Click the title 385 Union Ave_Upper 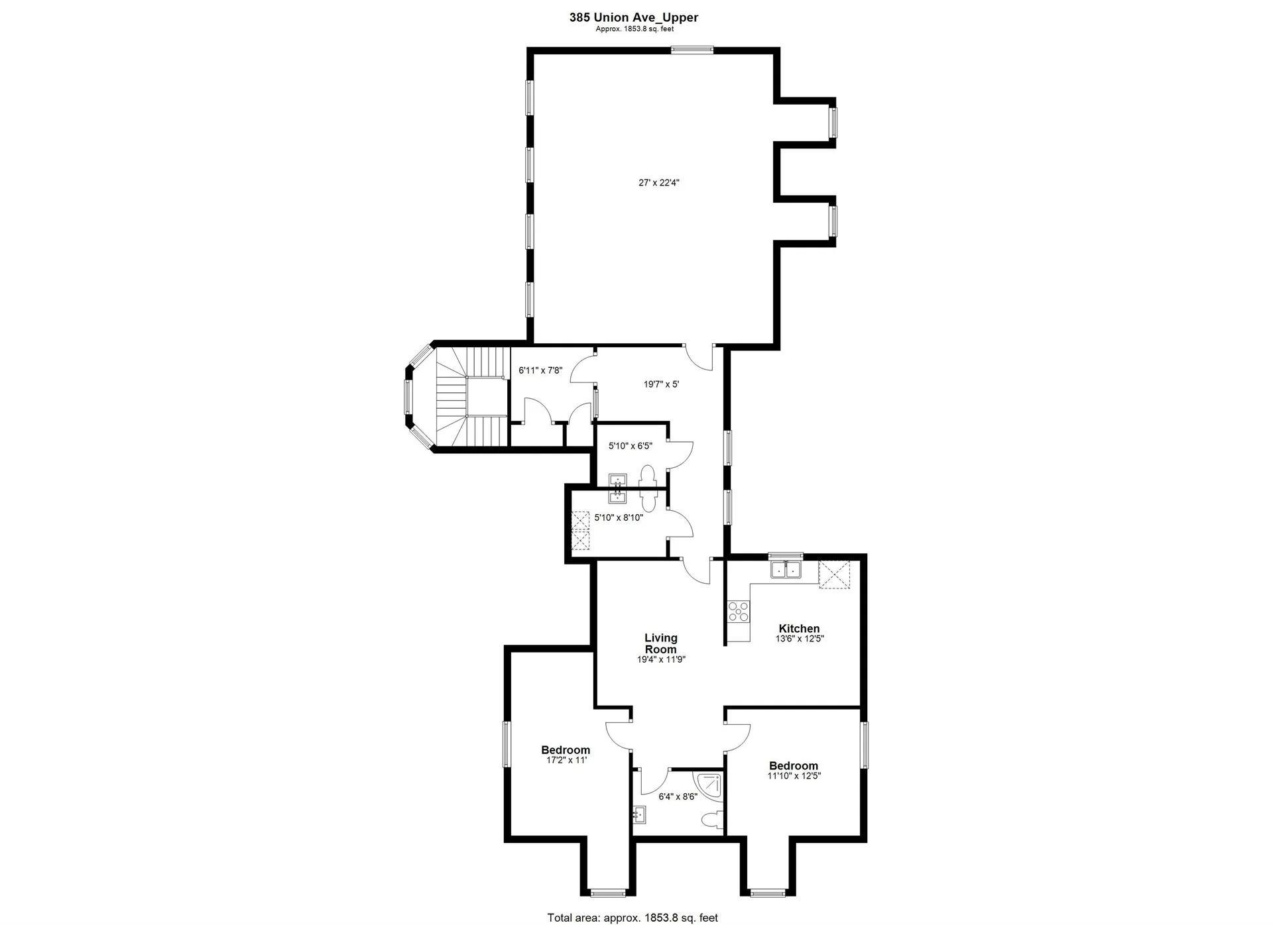[x=633, y=18]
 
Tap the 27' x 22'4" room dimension [x=659, y=183]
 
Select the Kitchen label [x=799, y=628]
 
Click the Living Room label [x=661, y=643]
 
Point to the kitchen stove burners [x=738, y=610]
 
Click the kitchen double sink [x=786, y=569]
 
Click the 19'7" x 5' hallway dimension [x=661, y=384]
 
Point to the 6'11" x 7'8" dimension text [x=540, y=370]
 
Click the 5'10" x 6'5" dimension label [x=631, y=446]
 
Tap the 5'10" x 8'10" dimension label [x=619, y=517]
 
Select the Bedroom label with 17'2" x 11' [x=566, y=750]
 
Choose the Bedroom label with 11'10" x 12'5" [x=794, y=765]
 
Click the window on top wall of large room [x=692, y=49]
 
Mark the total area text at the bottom [x=633, y=918]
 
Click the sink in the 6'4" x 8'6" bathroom [x=639, y=813]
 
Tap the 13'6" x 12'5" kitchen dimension [x=800, y=639]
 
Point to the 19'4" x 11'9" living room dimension [x=661, y=659]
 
